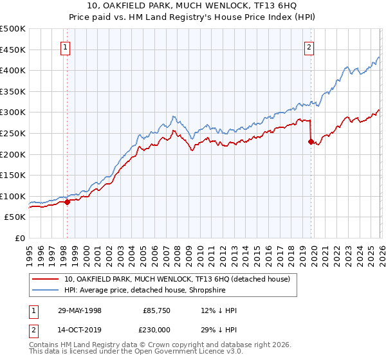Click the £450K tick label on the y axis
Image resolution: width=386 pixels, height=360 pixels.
point(13,50)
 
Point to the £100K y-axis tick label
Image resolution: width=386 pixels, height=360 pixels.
point(13,196)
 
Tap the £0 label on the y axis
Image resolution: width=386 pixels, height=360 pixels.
point(19,238)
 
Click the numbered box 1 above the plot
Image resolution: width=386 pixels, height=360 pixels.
point(66,46)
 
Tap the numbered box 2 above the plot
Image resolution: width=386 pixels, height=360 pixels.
point(309,46)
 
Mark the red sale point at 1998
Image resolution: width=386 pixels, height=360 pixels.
point(68,202)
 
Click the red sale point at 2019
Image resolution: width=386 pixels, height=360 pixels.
point(310,142)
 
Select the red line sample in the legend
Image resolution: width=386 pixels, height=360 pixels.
point(45,279)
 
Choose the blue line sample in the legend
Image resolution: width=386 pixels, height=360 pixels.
point(45,290)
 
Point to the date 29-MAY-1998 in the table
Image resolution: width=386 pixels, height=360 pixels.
point(79,310)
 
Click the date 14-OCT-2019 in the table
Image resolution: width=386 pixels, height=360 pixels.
point(79,328)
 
